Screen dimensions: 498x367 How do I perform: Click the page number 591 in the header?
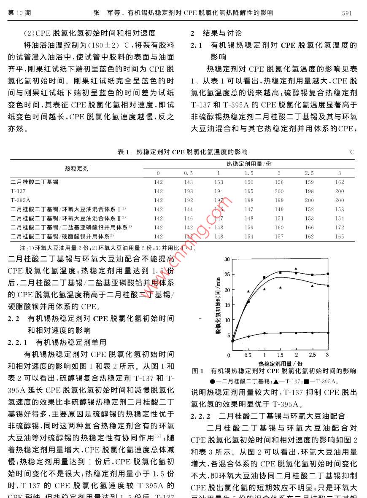tap(346, 13)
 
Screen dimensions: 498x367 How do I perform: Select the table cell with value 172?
tap(340, 227)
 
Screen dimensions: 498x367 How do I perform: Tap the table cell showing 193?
tap(189, 191)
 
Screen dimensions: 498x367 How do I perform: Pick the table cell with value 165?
tap(340, 237)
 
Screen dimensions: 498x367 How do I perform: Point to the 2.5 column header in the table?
tap(309, 173)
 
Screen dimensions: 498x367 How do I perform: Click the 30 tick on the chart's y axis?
tap(227, 259)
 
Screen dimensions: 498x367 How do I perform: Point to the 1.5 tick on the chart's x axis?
tap(280, 355)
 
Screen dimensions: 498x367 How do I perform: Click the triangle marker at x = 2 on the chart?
tap(296, 269)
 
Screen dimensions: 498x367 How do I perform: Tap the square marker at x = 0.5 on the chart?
tap(248, 301)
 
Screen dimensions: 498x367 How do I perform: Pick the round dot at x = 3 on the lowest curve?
tap(327, 333)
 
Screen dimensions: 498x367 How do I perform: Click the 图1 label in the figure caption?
tap(198, 371)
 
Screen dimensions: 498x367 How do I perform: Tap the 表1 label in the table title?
tap(123, 152)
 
